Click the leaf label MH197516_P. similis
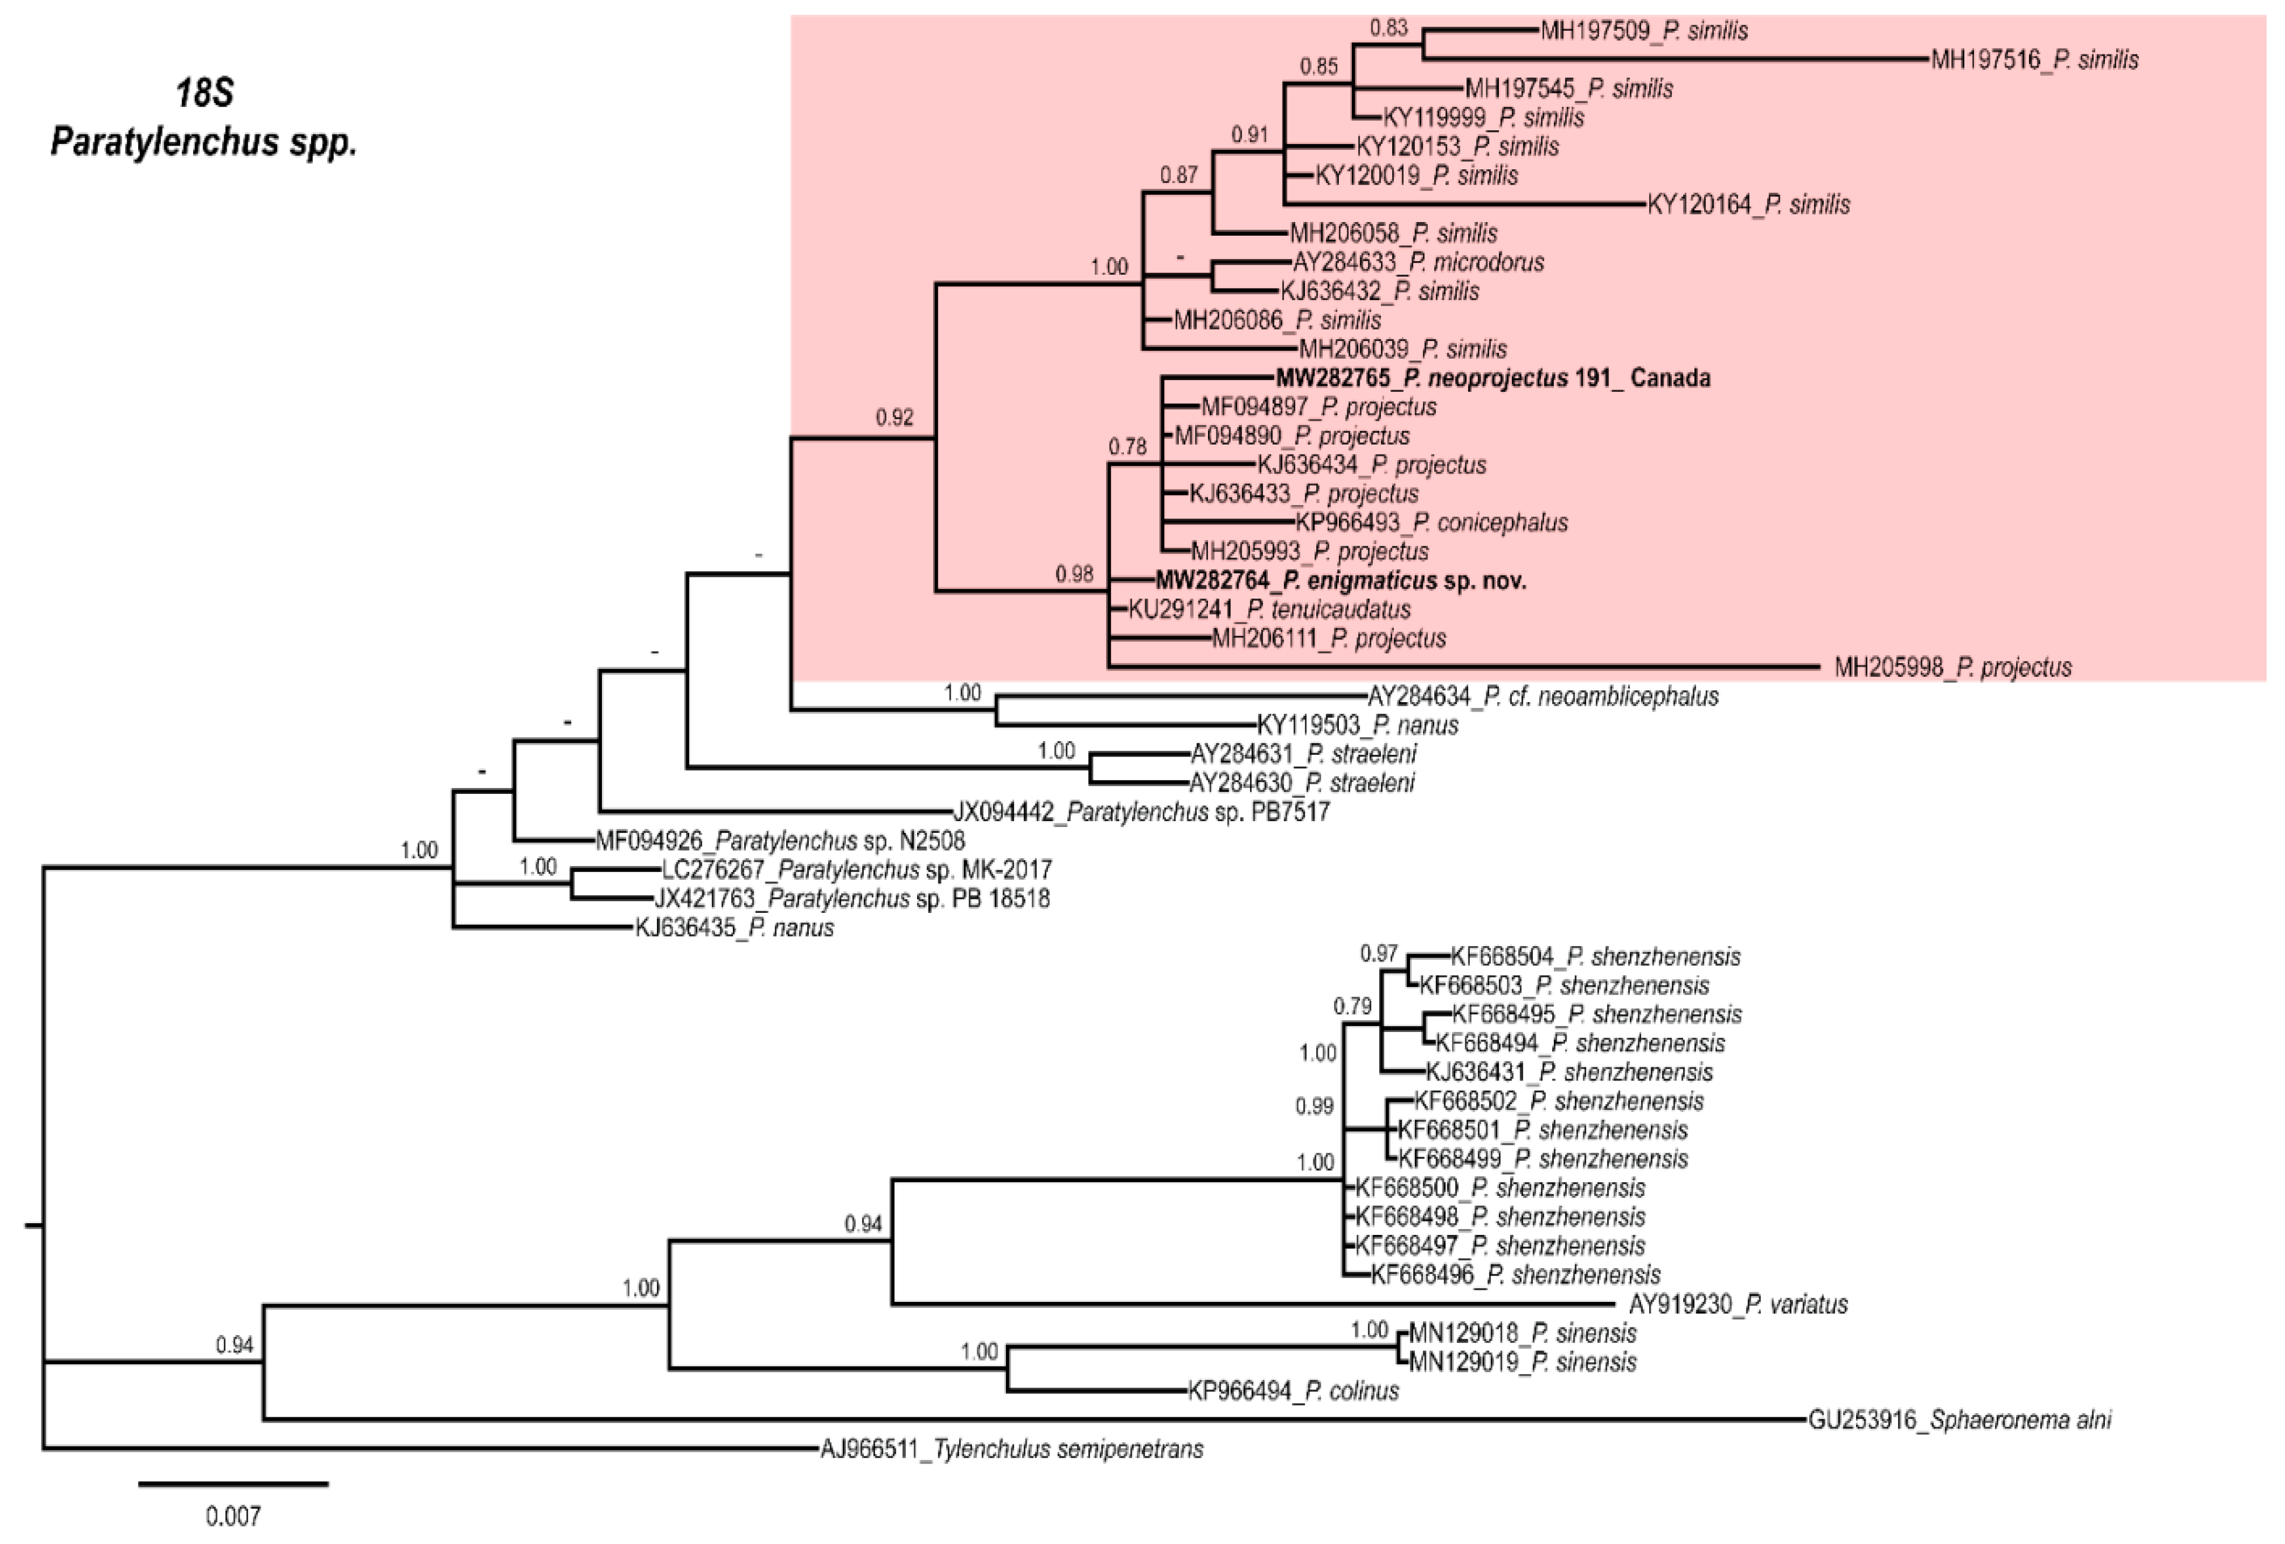click(x=2033, y=60)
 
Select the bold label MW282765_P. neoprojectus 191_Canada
click(x=1492, y=378)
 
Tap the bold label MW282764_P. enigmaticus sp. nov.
click(x=1340, y=581)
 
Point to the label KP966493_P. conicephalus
click(x=1431, y=523)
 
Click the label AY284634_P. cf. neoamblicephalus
click(x=1543, y=697)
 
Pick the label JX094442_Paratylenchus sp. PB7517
click(x=1140, y=813)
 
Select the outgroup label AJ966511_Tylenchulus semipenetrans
click(x=1012, y=1450)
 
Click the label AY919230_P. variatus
click(x=1738, y=1305)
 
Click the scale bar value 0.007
click(x=233, y=1517)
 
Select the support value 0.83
click(x=1388, y=27)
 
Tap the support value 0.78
click(x=1127, y=447)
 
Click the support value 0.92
click(x=894, y=418)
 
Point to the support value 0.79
click(x=1352, y=1006)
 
